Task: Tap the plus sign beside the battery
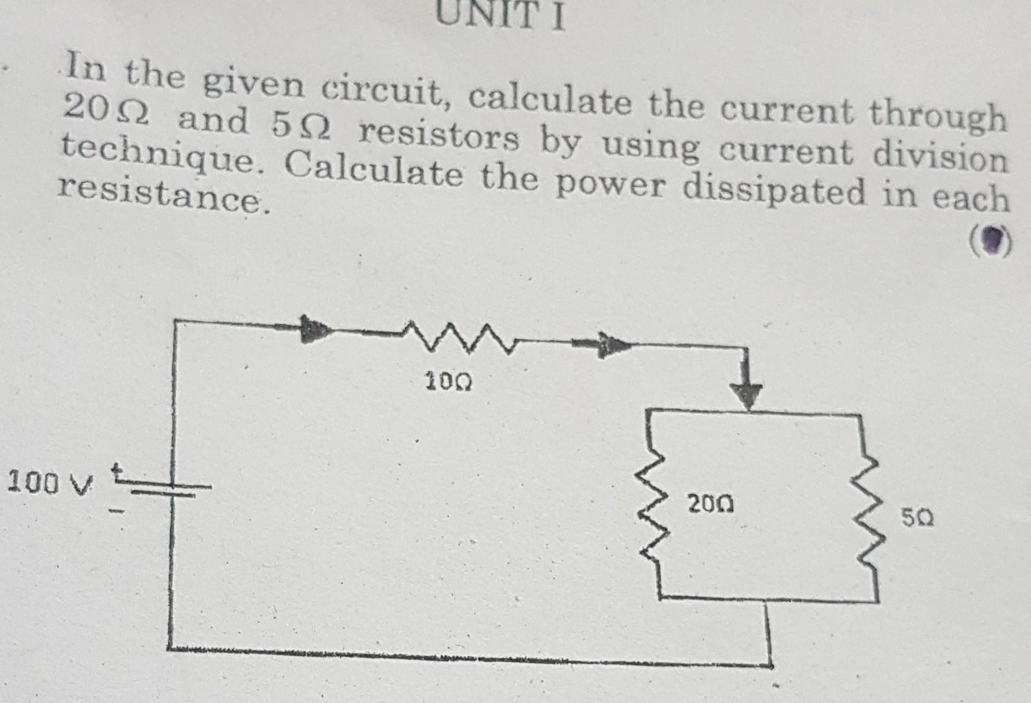(x=119, y=470)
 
